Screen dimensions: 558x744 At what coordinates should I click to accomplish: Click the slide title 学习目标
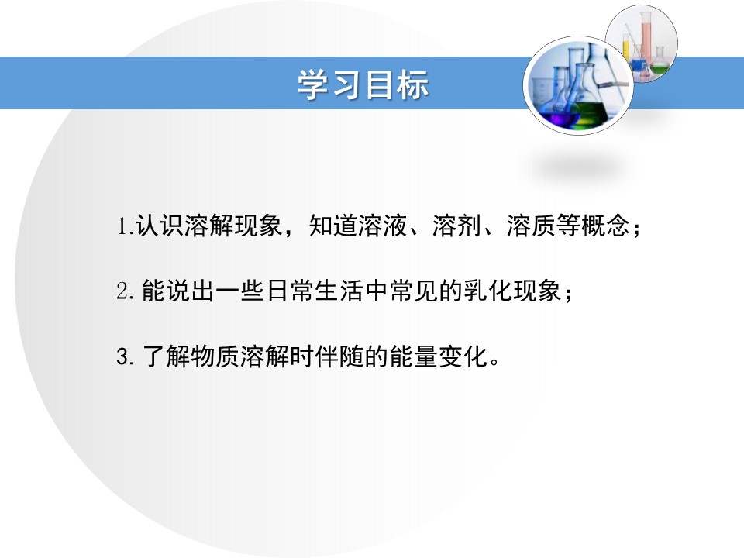tap(363, 85)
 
